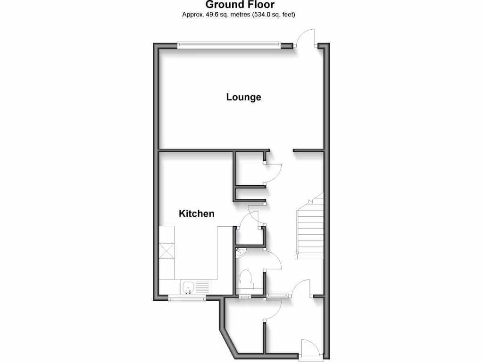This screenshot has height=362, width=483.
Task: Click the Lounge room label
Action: [243, 98]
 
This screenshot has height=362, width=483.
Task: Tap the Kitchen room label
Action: [196, 214]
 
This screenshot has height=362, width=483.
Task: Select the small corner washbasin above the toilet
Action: [240, 252]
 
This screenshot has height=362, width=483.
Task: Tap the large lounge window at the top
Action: [229, 45]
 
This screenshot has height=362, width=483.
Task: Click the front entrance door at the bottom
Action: [309, 349]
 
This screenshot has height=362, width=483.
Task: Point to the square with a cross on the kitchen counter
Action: [166, 250]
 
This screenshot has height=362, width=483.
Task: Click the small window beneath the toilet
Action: [245, 296]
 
